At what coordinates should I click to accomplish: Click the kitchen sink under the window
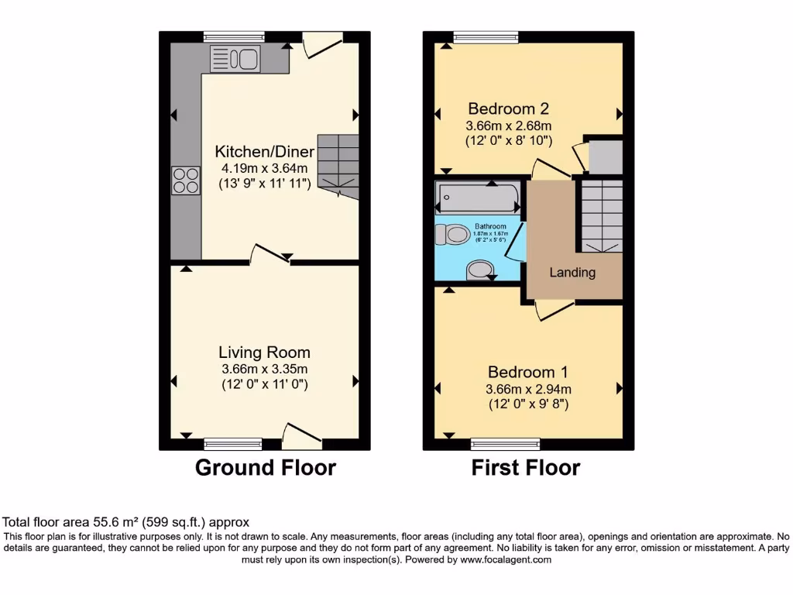[x=235, y=59]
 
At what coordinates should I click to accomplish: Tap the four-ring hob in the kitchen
[x=186, y=181]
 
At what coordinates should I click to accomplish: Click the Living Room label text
[x=264, y=353]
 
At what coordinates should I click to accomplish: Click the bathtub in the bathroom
[x=477, y=197]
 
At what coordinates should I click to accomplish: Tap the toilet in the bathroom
[x=451, y=234]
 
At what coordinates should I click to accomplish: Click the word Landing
[x=572, y=273]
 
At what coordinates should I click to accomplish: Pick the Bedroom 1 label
[x=521, y=372]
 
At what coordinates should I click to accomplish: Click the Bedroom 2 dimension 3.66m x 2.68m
[x=508, y=126]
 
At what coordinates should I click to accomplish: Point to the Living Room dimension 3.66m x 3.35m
[x=264, y=369]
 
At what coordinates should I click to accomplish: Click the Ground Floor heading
[x=265, y=468]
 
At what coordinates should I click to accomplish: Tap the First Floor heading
[x=525, y=468]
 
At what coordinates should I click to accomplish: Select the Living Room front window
[x=233, y=444]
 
